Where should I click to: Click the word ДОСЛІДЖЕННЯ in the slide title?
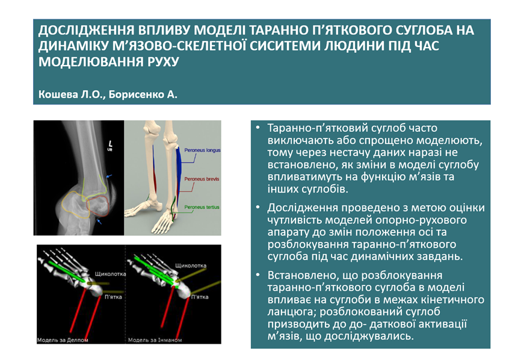[x=86, y=30]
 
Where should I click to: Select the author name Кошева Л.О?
[x=72, y=95]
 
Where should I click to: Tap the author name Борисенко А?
[x=143, y=95]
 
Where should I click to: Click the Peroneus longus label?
[x=202, y=151]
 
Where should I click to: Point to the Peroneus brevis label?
[x=202, y=179]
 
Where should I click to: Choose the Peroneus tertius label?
[x=202, y=207]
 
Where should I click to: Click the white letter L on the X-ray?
[x=110, y=144]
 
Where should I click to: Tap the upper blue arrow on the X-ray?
[x=109, y=176]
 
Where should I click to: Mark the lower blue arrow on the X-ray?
[x=99, y=222]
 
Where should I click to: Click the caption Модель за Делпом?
[x=63, y=340]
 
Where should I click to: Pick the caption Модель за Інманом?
[x=155, y=340]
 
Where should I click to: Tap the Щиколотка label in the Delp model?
[x=110, y=274]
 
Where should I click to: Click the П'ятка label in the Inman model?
[x=200, y=297]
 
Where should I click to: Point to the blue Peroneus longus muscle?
[x=179, y=171]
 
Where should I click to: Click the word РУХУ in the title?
[x=163, y=61]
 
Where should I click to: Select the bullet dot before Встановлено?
[x=257, y=275]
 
